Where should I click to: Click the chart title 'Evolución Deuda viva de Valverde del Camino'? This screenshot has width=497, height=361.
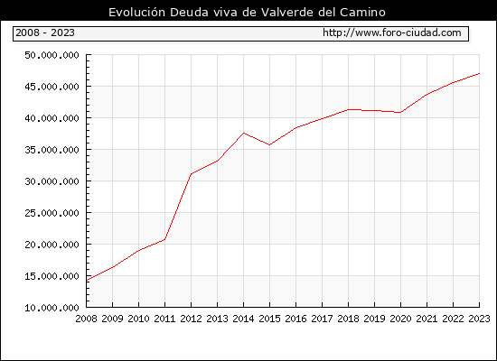tap(247, 13)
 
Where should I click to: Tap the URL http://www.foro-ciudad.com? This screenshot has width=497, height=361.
tap(392, 32)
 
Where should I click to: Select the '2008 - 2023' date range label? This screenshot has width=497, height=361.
tap(45, 32)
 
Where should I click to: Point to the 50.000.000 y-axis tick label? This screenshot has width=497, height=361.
tap(52, 55)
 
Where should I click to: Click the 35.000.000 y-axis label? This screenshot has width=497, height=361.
tap(52, 150)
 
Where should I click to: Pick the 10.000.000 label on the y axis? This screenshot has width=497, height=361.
tap(52, 308)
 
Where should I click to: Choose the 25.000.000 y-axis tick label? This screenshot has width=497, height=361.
tap(52, 213)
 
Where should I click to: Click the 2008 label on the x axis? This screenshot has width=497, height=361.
tap(86, 319)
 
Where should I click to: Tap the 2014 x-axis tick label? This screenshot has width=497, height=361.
tap(243, 319)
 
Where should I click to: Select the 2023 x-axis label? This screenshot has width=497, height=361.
tap(479, 319)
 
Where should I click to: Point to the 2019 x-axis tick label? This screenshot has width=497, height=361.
tap(374, 319)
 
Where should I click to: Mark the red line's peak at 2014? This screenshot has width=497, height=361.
tap(243, 133)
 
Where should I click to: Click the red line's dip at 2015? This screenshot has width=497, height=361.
tap(270, 145)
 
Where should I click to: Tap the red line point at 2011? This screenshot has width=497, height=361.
tap(164, 239)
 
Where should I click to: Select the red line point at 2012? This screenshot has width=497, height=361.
tap(192, 174)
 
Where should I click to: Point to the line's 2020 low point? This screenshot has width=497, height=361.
tap(400, 113)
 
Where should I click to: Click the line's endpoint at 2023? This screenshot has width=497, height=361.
tap(479, 73)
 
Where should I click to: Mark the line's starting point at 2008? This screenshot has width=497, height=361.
tap(87, 281)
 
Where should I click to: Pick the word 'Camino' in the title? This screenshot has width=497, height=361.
tap(362, 13)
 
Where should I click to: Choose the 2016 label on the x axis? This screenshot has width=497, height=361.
tap(295, 319)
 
